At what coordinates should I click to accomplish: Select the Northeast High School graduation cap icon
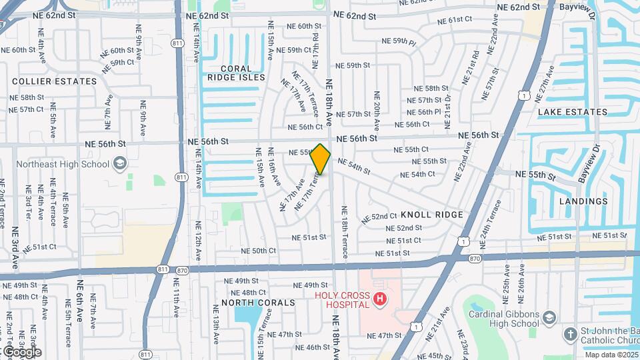click(119, 163)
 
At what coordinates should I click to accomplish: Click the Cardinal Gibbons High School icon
click(549, 316)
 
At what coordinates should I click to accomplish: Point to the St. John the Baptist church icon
click(570, 333)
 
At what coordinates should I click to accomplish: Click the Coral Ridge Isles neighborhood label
click(236, 73)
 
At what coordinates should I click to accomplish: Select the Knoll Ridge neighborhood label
click(432, 215)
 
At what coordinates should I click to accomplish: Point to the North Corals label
click(258, 303)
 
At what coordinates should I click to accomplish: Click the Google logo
click(21, 351)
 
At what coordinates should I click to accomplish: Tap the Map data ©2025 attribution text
click(611, 355)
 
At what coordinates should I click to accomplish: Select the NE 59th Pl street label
click(399, 41)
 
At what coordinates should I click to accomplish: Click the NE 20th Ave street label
click(377, 111)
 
